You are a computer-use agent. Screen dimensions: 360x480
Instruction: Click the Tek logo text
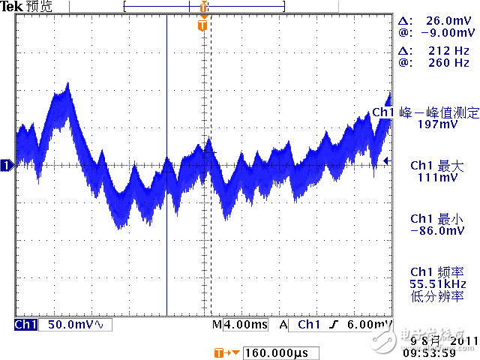(x=13, y=6)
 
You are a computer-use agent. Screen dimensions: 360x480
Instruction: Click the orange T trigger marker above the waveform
(x=202, y=25)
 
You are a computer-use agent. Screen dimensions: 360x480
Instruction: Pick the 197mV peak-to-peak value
(x=438, y=124)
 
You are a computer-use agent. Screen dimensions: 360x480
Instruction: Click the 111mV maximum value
(x=438, y=178)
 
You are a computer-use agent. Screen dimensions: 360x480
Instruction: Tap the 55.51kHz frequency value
(x=438, y=284)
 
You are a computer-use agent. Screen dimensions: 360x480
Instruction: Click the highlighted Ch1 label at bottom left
(x=25, y=325)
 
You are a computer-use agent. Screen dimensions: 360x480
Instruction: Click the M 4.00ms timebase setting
(x=239, y=325)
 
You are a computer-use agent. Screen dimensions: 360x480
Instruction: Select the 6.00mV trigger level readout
(x=373, y=325)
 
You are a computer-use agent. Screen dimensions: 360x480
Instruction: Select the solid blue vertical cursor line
(x=166, y=225)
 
